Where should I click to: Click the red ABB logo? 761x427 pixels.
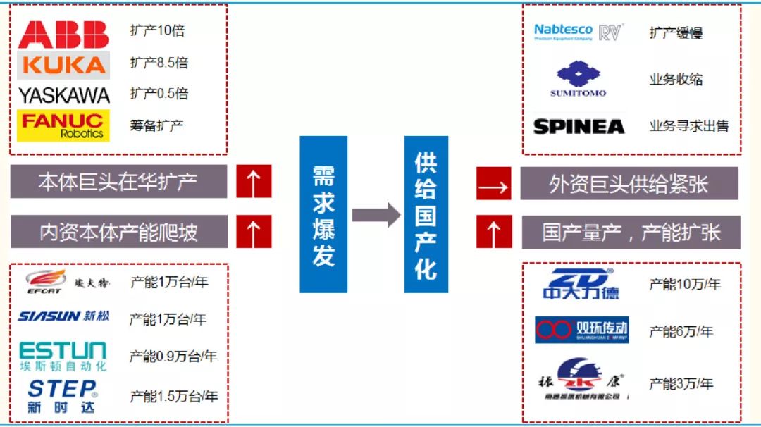pyautogui.click(x=63, y=35)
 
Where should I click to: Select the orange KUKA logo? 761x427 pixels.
pyautogui.click(x=63, y=66)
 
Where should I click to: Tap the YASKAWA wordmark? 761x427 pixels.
pyautogui.click(x=64, y=95)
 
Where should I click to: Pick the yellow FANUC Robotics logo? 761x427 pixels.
pyautogui.click(x=63, y=125)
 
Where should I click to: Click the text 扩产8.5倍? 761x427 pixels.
pyautogui.click(x=159, y=63)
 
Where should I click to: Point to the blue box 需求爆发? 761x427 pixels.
pyautogui.click(x=323, y=214)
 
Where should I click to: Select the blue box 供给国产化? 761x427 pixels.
pyautogui.click(x=426, y=214)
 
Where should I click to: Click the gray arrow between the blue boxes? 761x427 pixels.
pyautogui.click(x=376, y=214)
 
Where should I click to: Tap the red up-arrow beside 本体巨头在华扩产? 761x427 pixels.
pyautogui.click(x=254, y=182)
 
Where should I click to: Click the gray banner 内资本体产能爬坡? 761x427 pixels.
pyautogui.click(x=119, y=232)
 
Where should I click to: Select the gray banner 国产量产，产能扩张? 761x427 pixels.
pyautogui.click(x=631, y=233)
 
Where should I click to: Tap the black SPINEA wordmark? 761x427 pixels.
pyautogui.click(x=579, y=127)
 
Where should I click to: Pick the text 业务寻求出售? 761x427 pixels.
pyautogui.click(x=689, y=127)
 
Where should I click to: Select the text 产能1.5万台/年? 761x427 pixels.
pyautogui.click(x=174, y=397)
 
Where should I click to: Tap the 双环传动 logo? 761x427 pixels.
pyautogui.click(x=581, y=329)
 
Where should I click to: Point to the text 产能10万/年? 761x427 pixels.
pyautogui.click(x=685, y=285)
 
